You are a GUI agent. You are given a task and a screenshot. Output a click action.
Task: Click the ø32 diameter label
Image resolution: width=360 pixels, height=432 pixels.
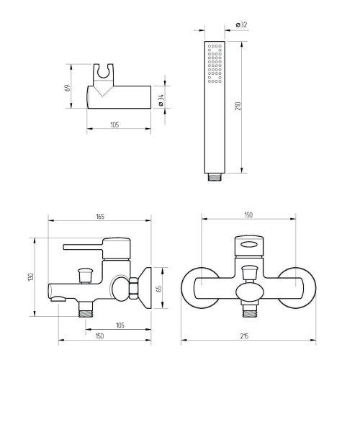(x=242, y=24)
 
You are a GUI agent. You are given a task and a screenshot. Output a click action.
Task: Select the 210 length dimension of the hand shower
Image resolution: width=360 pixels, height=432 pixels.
(x=238, y=106)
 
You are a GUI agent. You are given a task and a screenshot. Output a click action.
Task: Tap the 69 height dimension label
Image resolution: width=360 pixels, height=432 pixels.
(x=68, y=88)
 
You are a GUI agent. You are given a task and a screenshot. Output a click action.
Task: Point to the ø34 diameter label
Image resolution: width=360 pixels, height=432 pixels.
(x=161, y=100)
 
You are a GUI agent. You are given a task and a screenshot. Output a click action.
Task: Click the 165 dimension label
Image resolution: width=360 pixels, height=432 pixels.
(x=100, y=217)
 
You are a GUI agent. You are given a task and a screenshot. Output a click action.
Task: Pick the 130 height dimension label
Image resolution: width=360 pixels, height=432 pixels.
(x=30, y=277)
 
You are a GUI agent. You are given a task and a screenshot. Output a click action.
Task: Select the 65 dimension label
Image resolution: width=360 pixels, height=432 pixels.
(x=159, y=289)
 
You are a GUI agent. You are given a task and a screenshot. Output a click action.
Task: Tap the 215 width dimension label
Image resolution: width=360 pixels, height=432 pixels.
(x=244, y=336)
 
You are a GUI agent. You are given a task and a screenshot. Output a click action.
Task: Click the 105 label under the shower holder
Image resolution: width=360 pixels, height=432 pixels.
(x=114, y=125)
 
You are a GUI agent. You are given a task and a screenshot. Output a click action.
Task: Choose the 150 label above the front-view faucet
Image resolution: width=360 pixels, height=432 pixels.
(x=248, y=215)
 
